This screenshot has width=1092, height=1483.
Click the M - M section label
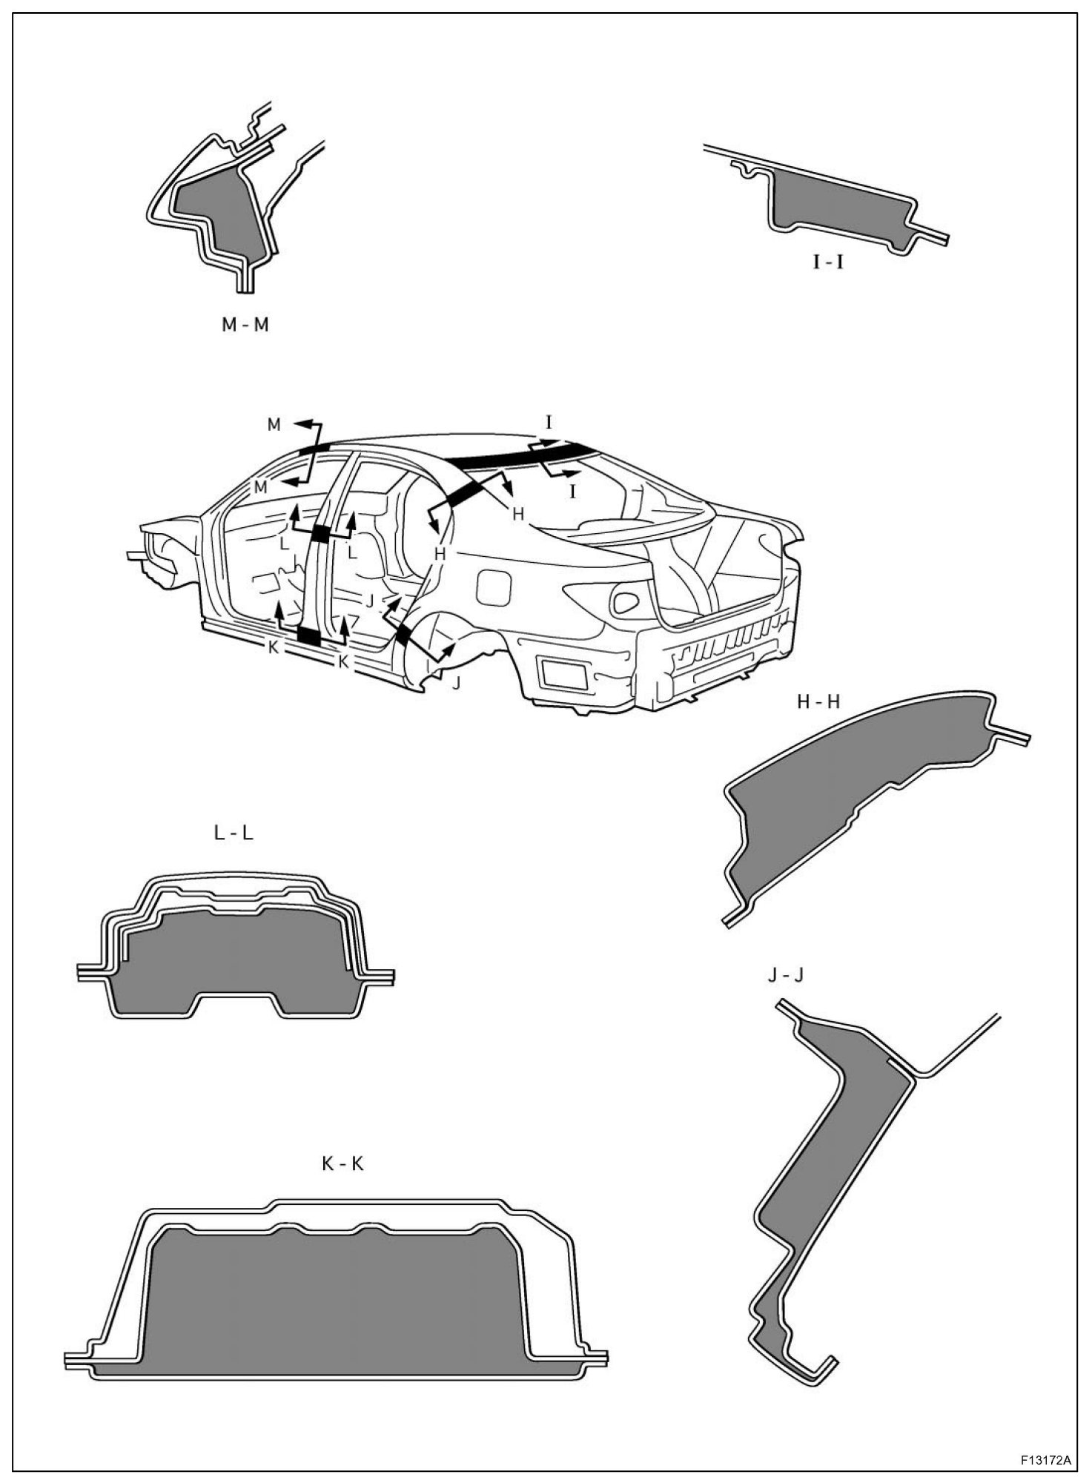click(x=245, y=325)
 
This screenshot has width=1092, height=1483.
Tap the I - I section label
click(x=828, y=262)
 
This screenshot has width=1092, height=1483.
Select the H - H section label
click(x=818, y=701)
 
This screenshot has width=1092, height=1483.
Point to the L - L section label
click(x=234, y=833)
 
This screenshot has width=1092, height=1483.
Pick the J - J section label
click(x=785, y=976)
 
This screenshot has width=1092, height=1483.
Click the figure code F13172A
click(x=1045, y=1461)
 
